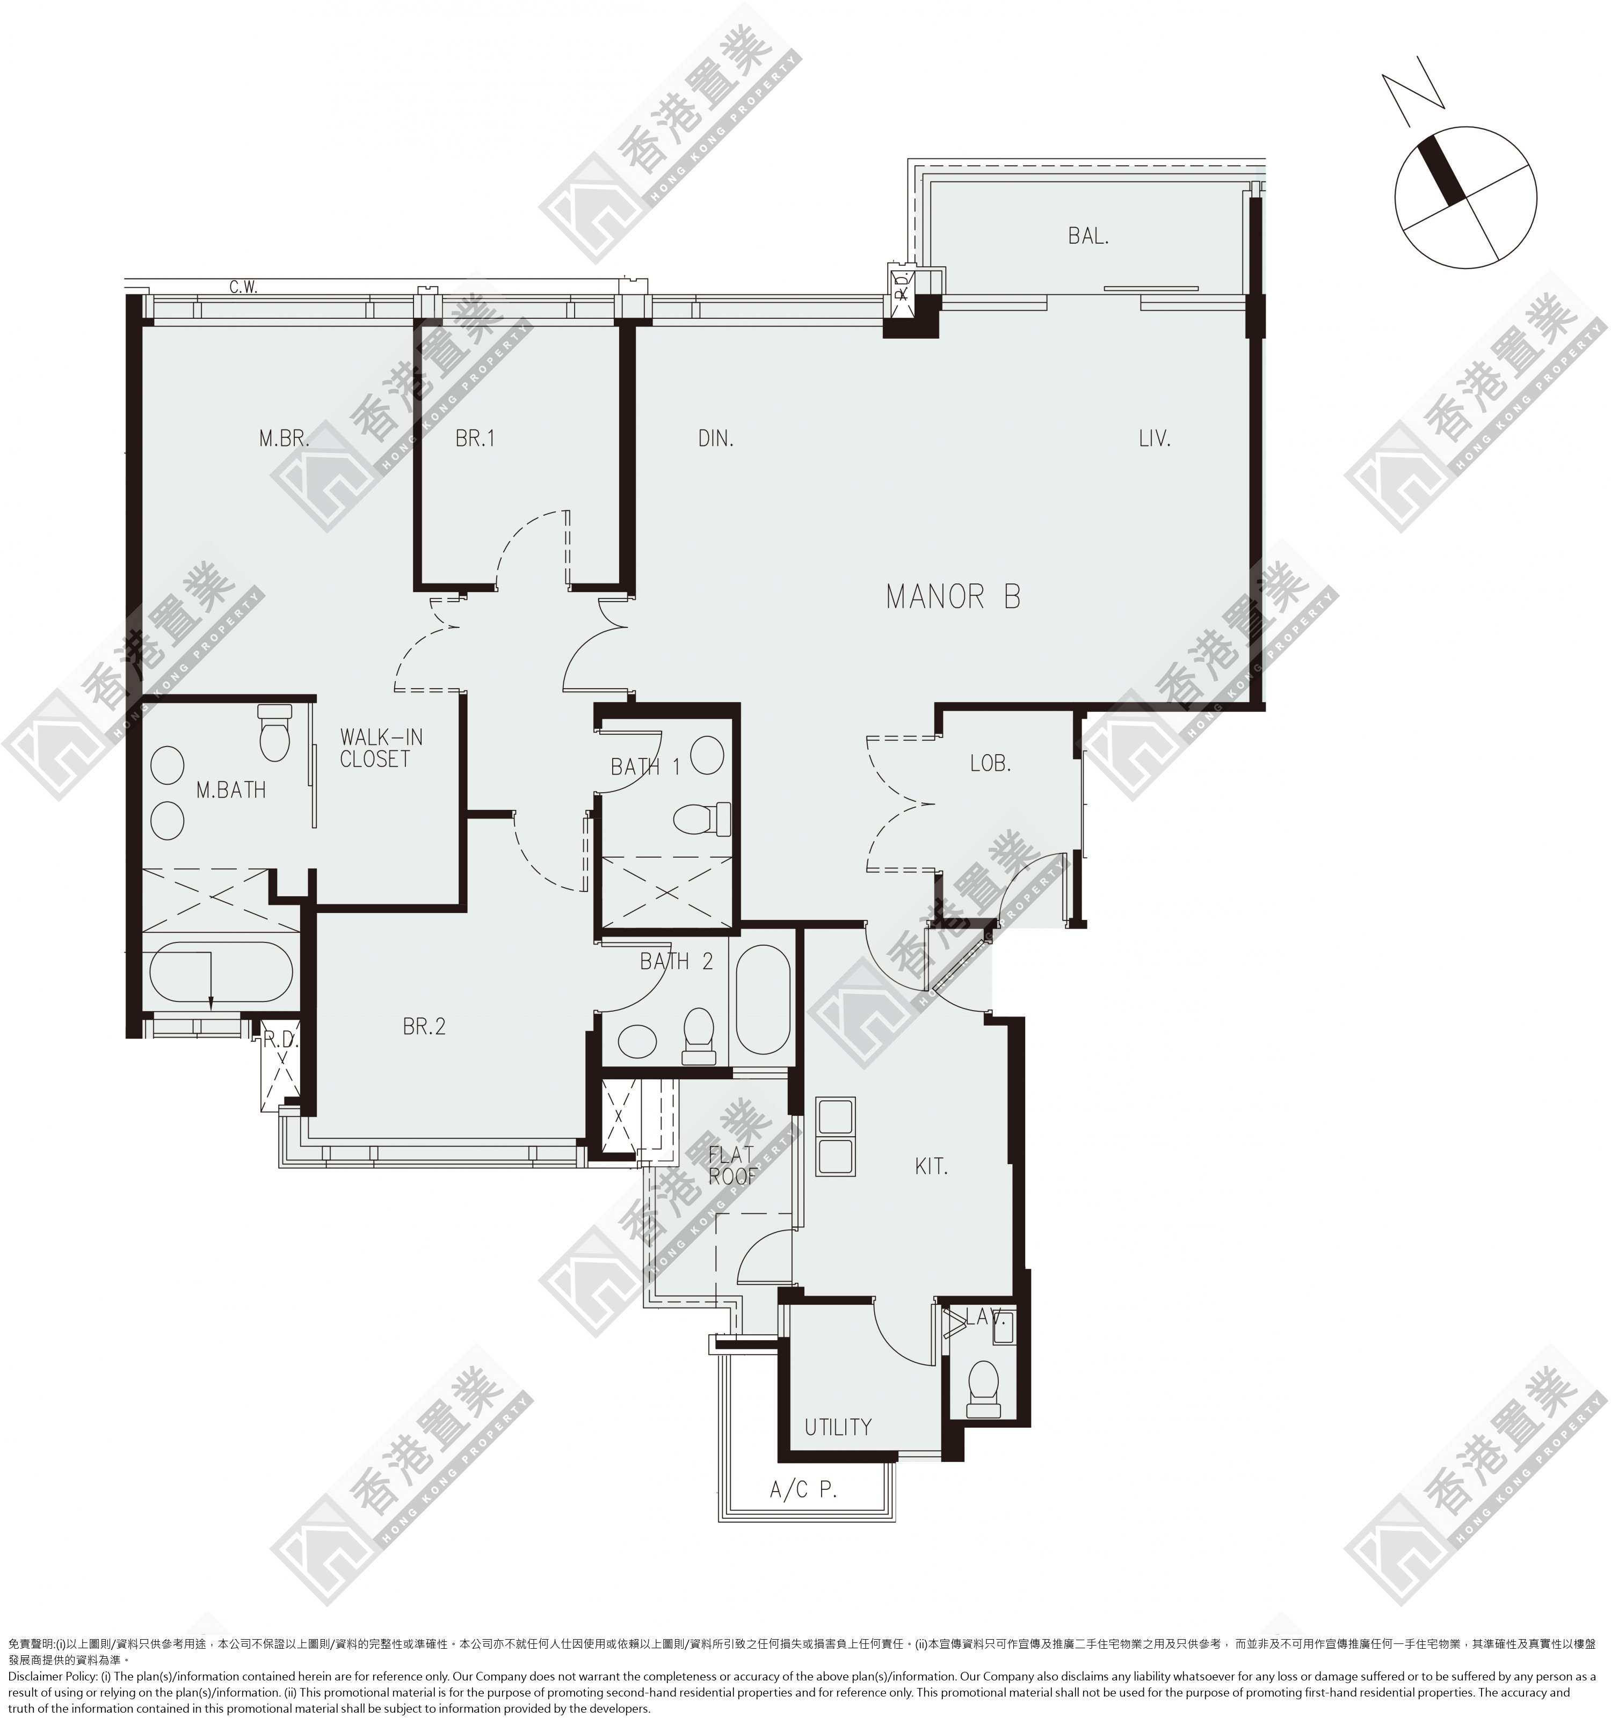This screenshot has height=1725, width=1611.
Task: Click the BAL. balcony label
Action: pos(1088,236)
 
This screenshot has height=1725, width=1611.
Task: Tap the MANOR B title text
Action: pos(953,597)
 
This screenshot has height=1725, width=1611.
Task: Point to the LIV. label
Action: pos(1155,439)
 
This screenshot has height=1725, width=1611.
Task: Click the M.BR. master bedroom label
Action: pos(284,439)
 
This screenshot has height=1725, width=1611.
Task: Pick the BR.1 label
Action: pos(475,439)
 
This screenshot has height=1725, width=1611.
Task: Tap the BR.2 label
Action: pos(424,1027)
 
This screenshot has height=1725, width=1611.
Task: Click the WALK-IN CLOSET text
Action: pos(381,748)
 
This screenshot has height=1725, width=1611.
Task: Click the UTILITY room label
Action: pos(838,1427)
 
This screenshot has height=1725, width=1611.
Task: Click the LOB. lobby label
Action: pos(990,764)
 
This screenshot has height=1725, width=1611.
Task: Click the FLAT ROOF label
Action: pos(732,1165)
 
